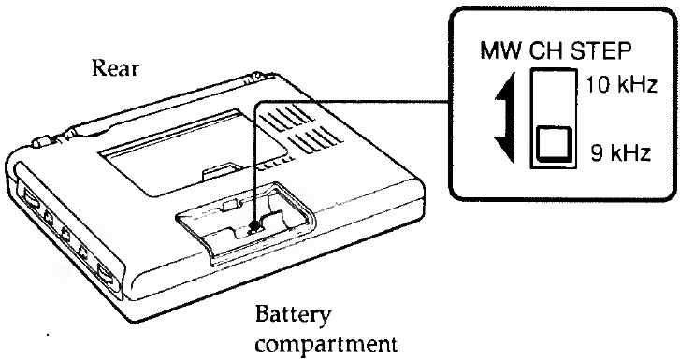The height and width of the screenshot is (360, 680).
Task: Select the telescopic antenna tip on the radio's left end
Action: pos(38,145)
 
